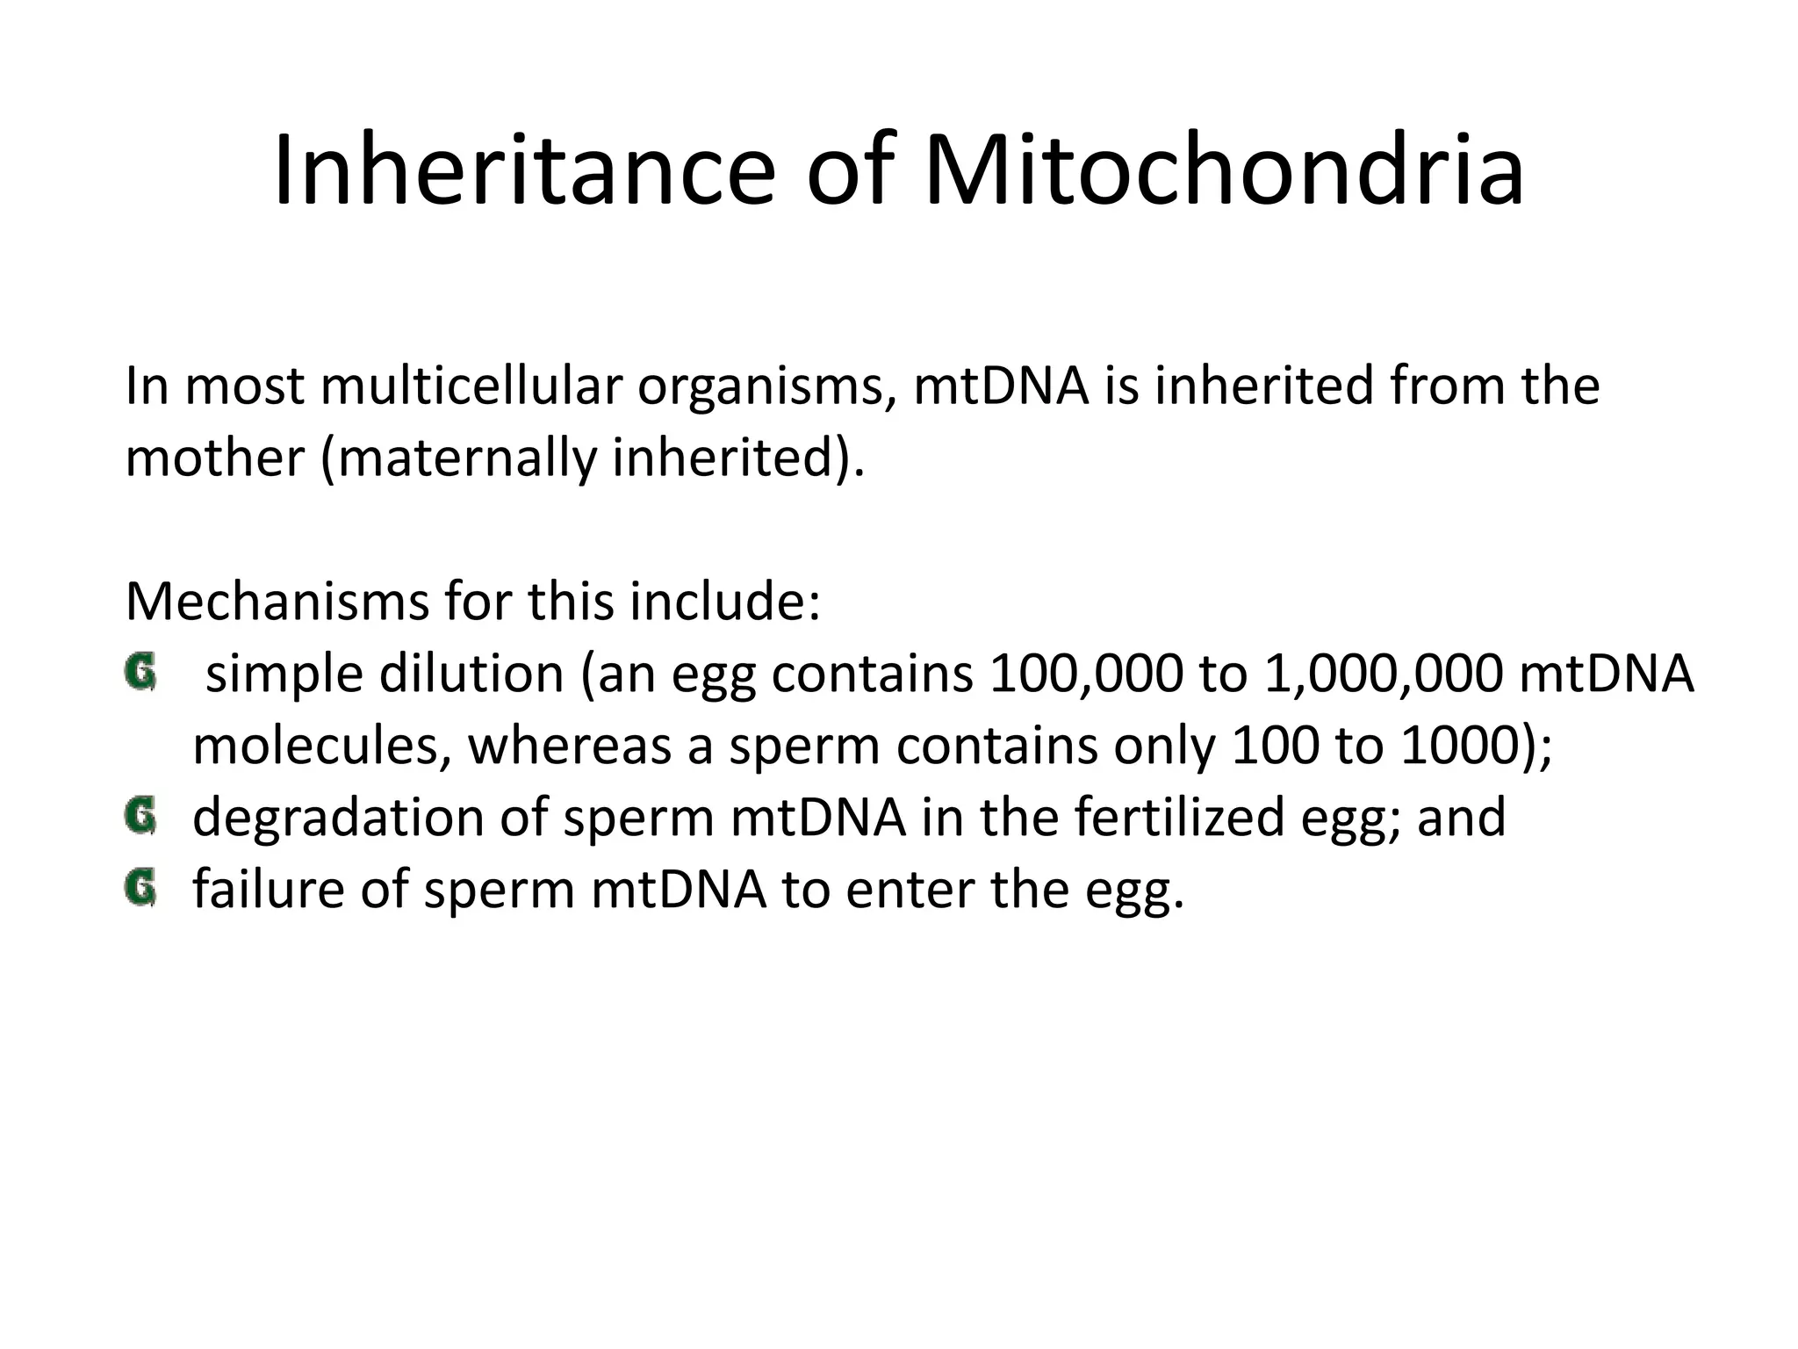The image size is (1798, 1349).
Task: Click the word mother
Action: pos(214,458)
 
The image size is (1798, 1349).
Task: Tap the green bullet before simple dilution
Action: pos(140,674)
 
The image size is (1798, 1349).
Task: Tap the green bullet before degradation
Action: pos(140,816)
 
